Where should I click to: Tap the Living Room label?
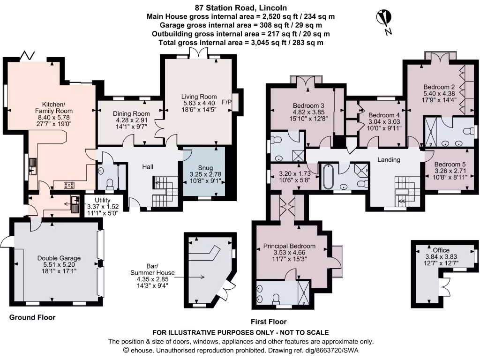198,97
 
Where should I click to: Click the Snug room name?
204,166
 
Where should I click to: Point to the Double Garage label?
59,258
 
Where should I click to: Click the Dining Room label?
131,113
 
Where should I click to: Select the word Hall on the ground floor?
148,166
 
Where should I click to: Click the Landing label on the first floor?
389,160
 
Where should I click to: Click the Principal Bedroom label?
289,246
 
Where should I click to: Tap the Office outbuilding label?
441,250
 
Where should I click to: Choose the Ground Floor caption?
32,317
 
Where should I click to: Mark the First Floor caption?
268,322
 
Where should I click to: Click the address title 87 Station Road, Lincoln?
241,7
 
